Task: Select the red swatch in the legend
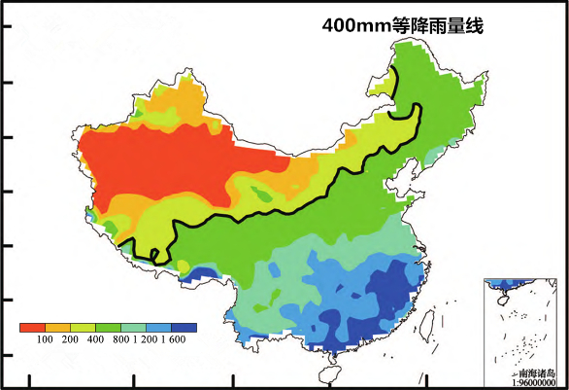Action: point(32,328)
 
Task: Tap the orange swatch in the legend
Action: point(57,328)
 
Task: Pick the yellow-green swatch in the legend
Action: point(83,328)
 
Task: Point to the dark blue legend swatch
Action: point(184,328)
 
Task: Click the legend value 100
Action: point(45,340)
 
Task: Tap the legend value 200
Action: point(70,340)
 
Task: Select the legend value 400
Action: point(95,340)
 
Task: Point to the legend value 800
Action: point(120,340)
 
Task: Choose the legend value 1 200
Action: point(147,340)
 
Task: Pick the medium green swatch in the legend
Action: point(108,328)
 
